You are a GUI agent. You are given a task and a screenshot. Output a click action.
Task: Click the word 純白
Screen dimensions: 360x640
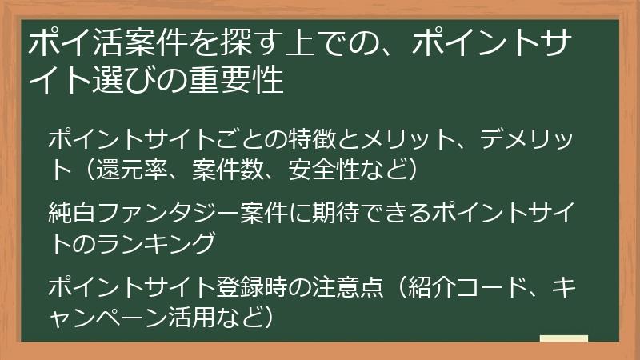[70, 212]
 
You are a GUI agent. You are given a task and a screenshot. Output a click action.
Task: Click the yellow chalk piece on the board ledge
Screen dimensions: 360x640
[564, 338]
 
